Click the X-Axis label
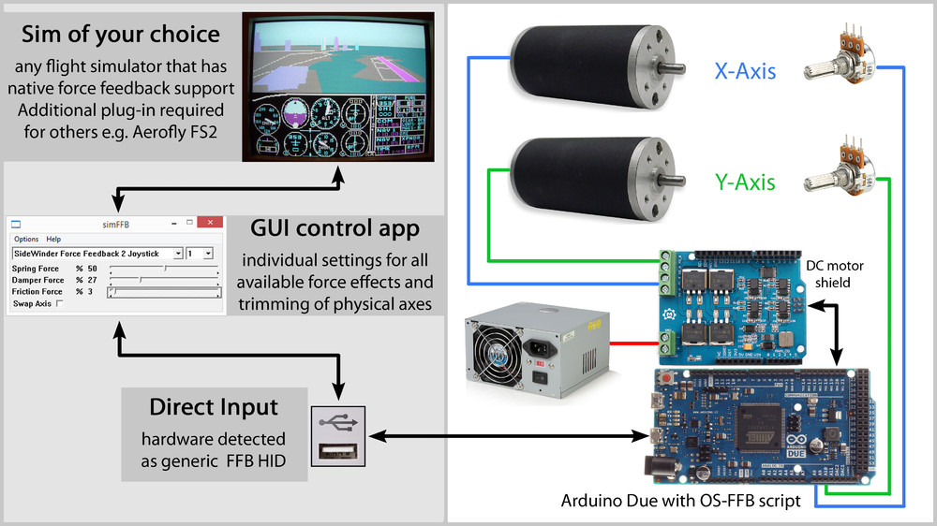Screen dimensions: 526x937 [x=745, y=70]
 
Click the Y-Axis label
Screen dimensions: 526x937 [x=745, y=181]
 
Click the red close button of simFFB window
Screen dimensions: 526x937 [x=212, y=224]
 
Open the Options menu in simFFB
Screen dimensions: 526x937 [x=26, y=239]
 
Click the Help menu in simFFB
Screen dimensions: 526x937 [x=53, y=239]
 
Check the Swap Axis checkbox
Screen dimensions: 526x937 [x=60, y=303]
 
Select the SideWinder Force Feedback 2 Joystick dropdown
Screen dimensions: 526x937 [x=97, y=254]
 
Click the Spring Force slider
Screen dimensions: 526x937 [x=163, y=269]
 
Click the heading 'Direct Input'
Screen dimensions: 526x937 [x=214, y=408]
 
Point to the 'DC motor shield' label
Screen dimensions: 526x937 [x=834, y=273]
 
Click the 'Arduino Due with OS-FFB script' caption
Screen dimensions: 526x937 [x=680, y=501]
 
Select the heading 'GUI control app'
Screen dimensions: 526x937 [x=335, y=229]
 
